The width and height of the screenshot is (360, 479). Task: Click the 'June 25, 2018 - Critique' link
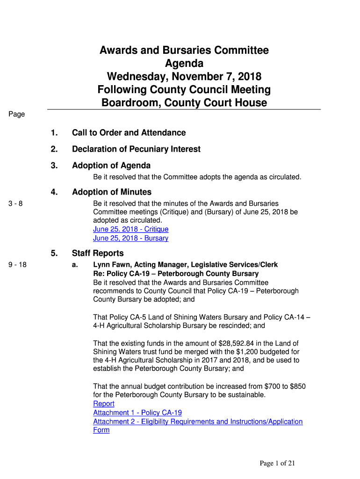pos(131,229)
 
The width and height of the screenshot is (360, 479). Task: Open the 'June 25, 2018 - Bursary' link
pos(131,238)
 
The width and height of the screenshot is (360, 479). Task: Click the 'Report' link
pos(104,404)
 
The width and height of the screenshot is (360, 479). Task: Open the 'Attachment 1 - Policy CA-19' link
pos(137,413)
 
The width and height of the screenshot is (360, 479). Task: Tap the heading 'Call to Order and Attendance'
pos(129,133)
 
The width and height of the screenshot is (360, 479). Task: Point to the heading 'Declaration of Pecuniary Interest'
pos(136,149)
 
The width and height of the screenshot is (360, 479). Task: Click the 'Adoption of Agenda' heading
pos(111,166)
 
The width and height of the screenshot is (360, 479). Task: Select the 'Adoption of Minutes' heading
pos(112,192)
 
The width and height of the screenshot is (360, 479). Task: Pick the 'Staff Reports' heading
pos(98,254)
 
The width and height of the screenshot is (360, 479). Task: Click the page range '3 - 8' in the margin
pos(15,203)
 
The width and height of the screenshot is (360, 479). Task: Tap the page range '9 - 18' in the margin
pos(17,265)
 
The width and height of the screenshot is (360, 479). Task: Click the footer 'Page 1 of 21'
pos(278,464)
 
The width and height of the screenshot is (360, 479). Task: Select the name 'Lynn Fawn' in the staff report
pos(111,265)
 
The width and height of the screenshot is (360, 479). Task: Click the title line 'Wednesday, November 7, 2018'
pos(184,76)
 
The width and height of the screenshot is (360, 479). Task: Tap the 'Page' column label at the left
pos(16,114)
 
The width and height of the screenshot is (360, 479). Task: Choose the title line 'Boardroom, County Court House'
pos(184,102)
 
